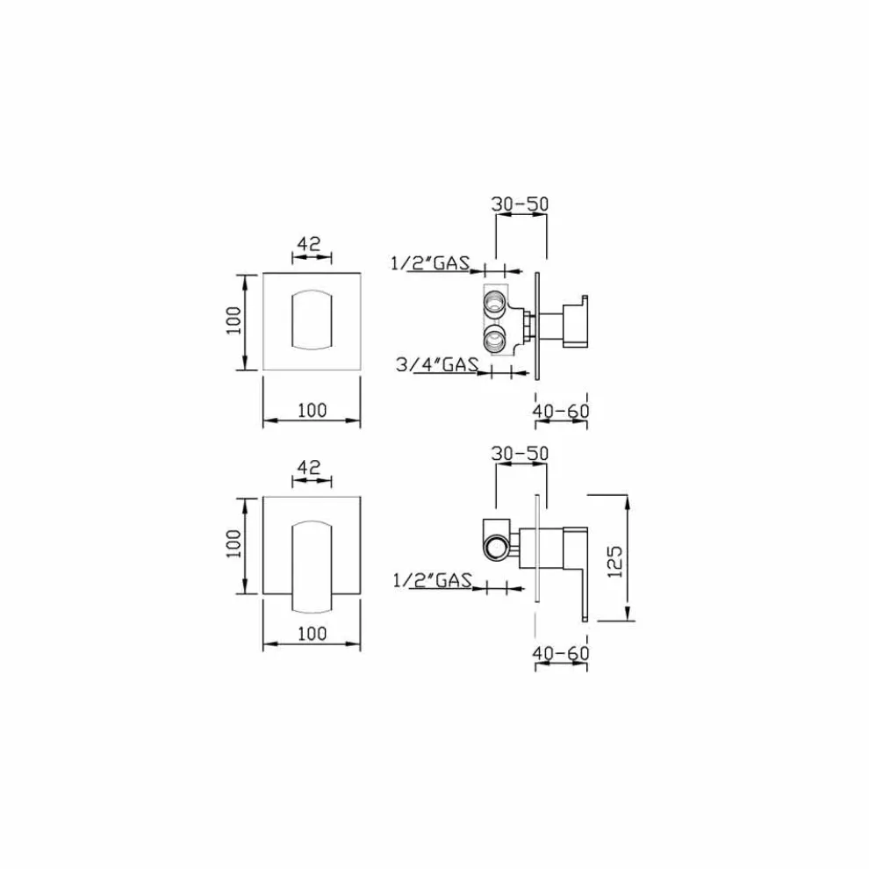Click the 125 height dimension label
tap(615, 562)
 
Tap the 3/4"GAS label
tap(437, 364)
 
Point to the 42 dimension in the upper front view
tap(309, 243)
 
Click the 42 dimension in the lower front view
tap(309, 467)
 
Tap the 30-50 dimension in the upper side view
tap(520, 204)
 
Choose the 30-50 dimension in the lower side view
tap(520, 453)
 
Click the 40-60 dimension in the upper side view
tap(561, 411)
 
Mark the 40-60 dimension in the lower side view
tap(561, 653)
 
